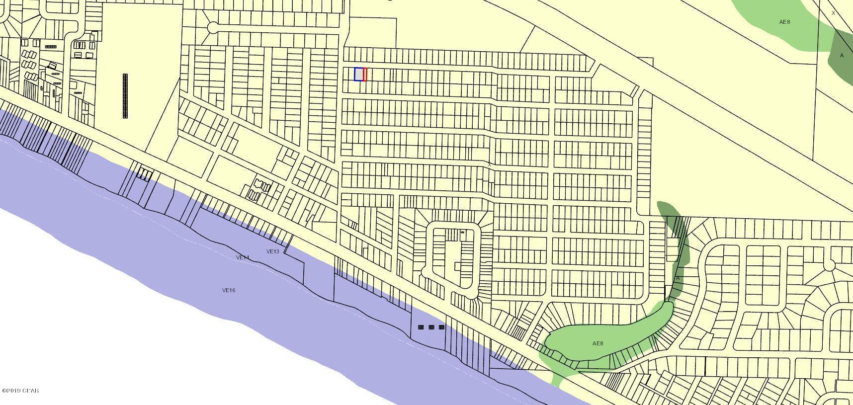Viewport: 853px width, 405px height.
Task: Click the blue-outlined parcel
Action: click(x=358, y=74)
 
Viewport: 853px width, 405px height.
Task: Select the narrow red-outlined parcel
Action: click(x=365, y=74)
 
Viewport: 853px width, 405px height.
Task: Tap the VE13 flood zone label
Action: click(x=273, y=251)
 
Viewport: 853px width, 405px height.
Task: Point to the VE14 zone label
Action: click(x=243, y=257)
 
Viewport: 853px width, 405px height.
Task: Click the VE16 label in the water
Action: click(x=229, y=290)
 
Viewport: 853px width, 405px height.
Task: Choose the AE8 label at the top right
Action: click(x=784, y=22)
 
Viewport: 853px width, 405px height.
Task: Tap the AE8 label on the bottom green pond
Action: click(x=597, y=343)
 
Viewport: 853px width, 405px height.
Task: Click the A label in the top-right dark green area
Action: click(x=842, y=55)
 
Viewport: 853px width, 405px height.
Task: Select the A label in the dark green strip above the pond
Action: click(x=678, y=278)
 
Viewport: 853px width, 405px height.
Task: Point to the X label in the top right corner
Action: click(x=834, y=13)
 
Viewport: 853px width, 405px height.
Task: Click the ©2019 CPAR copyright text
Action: click(x=20, y=391)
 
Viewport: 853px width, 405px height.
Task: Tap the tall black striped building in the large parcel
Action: click(x=125, y=96)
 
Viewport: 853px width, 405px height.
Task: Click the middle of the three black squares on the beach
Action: click(x=431, y=327)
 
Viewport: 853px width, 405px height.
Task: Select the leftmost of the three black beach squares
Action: click(x=421, y=327)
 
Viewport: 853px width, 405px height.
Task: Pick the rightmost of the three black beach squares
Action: click(x=441, y=327)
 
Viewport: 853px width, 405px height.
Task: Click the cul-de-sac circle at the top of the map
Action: click(x=213, y=27)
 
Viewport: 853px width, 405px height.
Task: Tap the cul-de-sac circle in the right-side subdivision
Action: click(x=829, y=266)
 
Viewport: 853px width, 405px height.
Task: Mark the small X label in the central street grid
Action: click(x=490, y=164)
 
